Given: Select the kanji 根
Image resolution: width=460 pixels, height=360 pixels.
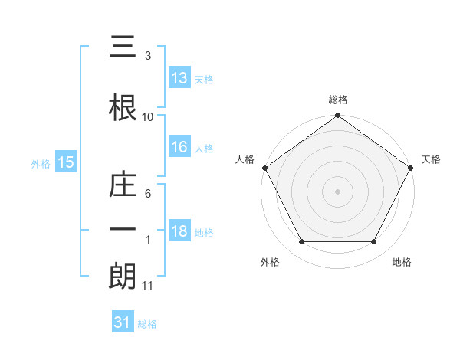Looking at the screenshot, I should point(123,106).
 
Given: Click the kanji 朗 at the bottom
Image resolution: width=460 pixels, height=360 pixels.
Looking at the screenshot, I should point(123,276).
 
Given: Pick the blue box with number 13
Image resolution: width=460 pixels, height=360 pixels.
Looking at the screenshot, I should point(179,78).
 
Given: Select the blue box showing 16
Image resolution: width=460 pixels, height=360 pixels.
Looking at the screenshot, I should point(179,148).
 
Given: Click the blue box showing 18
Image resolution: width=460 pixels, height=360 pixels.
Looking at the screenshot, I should point(179,232).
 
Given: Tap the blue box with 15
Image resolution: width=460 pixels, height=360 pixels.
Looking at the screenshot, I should point(65,162).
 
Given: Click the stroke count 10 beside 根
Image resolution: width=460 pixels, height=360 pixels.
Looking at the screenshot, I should point(148,116).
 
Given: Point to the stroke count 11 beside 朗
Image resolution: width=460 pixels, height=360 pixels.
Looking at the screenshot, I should point(148,286).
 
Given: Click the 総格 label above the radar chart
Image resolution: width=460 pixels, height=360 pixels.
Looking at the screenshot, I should point(337,100).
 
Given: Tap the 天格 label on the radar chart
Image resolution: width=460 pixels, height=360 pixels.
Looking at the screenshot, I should point(432,159).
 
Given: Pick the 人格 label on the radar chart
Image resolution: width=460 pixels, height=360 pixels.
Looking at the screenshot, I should point(245,159).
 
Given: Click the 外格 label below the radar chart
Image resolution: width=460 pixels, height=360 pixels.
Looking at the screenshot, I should point(270,262).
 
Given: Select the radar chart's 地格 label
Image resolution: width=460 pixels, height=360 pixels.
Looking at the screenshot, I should point(402,262).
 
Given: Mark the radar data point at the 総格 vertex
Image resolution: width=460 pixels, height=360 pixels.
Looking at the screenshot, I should point(337,116).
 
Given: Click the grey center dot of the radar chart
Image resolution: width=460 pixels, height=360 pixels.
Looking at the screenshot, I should point(337,191).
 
